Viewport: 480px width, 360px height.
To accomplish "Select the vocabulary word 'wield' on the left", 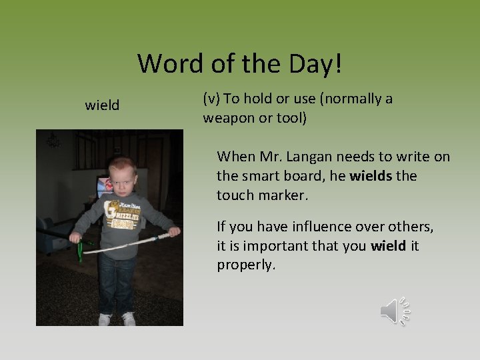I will click(x=102, y=105).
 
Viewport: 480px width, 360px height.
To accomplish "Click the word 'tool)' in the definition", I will click(x=290, y=118).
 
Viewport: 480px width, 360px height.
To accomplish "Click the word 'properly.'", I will click(x=245, y=265).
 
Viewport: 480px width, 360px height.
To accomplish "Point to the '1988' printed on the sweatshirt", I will click(x=121, y=225).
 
